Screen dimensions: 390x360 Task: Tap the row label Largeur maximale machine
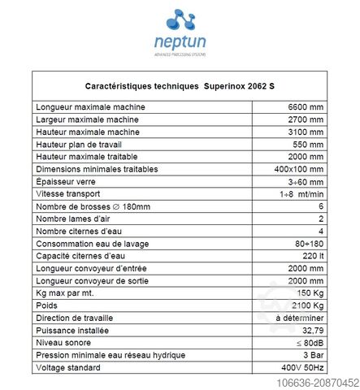(85, 120)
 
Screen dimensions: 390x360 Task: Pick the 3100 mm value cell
(306, 132)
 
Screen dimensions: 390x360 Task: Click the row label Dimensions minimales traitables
(97, 169)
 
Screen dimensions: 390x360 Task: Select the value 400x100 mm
(301, 169)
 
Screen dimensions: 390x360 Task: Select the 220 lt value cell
(312, 256)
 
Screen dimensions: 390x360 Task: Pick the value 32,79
(311, 331)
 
